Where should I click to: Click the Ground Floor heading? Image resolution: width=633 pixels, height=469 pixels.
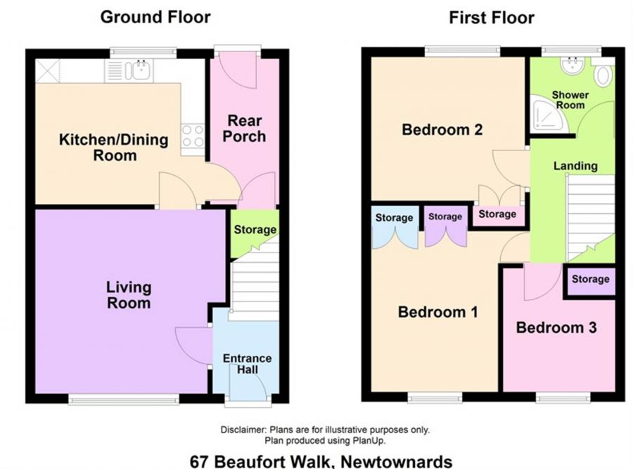(155, 18)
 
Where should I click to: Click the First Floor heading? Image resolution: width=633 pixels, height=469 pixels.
(492, 18)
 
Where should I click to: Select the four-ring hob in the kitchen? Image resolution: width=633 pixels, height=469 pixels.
(193, 135)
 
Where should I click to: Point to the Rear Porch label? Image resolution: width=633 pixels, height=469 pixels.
(244, 129)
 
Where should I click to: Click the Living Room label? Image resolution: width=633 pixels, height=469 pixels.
(129, 295)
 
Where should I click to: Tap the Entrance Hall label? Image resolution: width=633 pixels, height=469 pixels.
(247, 364)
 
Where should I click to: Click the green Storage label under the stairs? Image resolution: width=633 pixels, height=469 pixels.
(255, 230)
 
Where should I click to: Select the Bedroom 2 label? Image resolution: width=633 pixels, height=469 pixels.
(442, 129)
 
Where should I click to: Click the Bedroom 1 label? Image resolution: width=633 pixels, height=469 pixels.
(438, 312)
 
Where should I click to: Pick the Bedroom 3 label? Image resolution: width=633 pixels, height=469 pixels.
(556, 328)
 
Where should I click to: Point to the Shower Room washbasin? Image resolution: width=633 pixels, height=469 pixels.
(573, 65)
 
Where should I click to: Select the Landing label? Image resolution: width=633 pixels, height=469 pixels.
(575, 166)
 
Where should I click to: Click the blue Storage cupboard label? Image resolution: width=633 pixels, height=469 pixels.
(394, 218)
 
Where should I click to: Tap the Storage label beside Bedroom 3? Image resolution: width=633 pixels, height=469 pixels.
(591, 279)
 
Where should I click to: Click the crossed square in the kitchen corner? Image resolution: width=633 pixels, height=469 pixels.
(48, 71)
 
